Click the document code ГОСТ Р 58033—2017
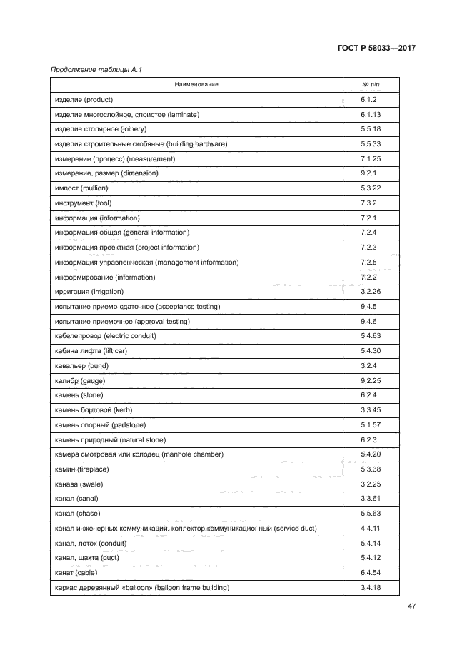(x=376, y=49)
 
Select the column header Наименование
(x=196, y=84)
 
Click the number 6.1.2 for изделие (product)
(x=368, y=99)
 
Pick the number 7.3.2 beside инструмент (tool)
(x=368, y=203)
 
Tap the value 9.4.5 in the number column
(x=368, y=306)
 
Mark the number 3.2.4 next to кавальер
(x=368, y=365)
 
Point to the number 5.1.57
(x=371, y=424)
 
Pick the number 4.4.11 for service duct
(x=371, y=528)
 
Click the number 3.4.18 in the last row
(x=371, y=587)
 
